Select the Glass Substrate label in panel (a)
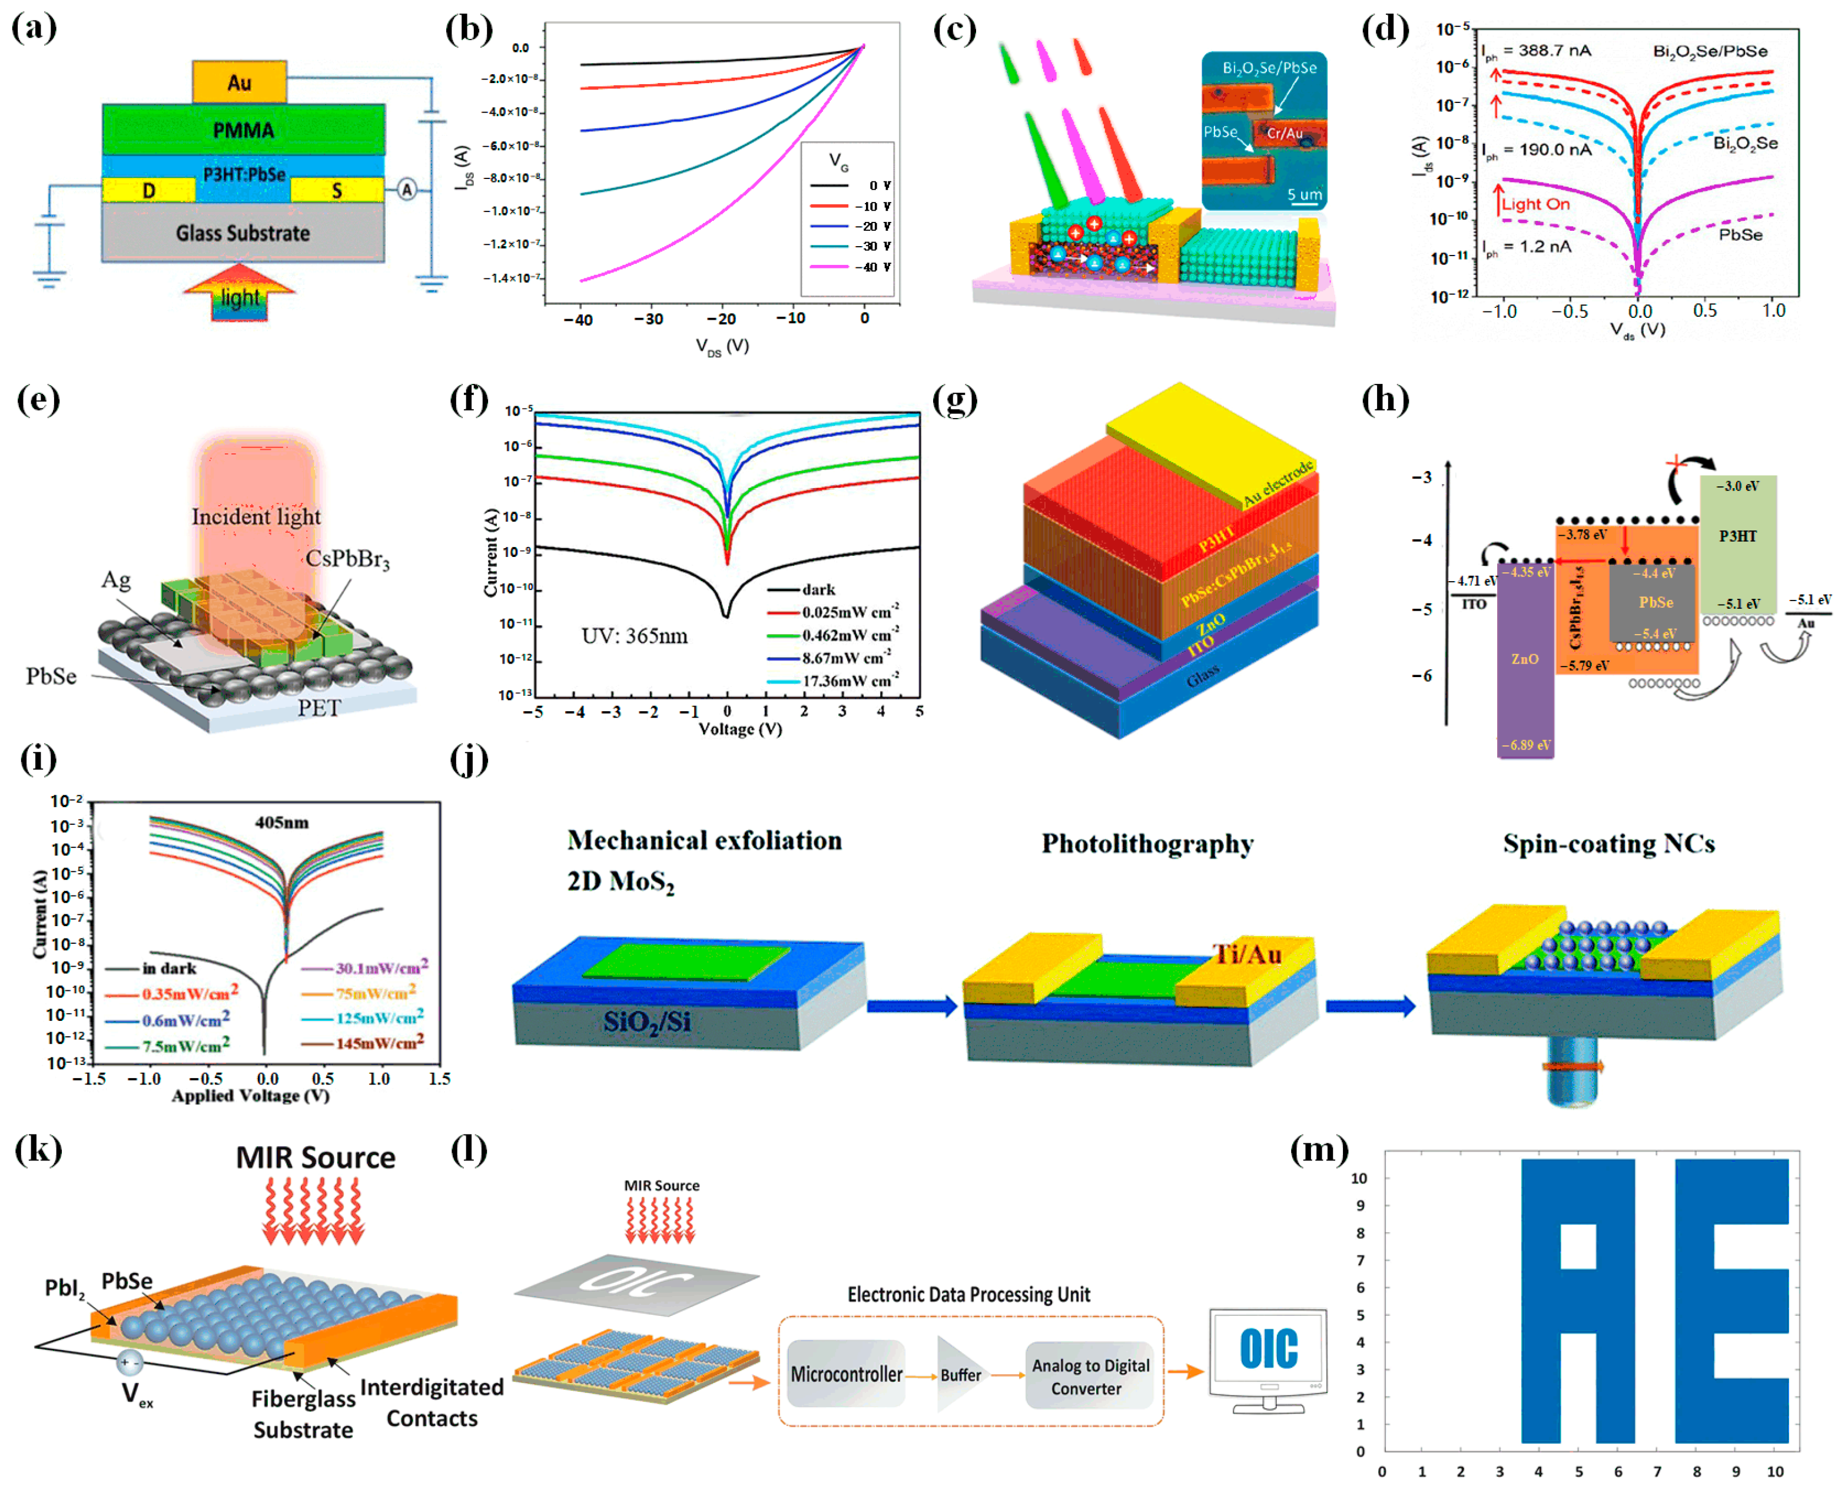243,233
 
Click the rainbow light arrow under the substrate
239,294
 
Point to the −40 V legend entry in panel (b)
851,267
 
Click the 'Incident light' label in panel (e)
256,516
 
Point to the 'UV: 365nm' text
634,636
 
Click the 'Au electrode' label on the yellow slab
1278,483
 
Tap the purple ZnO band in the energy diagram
1524,659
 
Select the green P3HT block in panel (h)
1737,544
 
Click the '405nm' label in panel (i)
281,822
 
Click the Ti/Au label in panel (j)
1246,954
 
